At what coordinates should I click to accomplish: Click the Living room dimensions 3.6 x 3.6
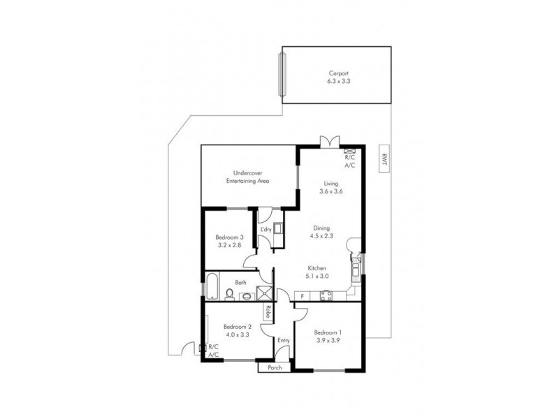[x=331, y=191]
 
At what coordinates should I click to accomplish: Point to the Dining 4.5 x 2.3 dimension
[x=321, y=235]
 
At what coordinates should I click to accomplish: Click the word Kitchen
[x=319, y=268]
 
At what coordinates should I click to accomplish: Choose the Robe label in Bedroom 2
[x=267, y=312]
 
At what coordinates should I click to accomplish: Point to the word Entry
[x=283, y=340]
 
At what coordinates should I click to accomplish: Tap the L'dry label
[x=266, y=230]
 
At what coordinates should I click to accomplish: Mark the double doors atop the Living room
[x=328, y=141]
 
